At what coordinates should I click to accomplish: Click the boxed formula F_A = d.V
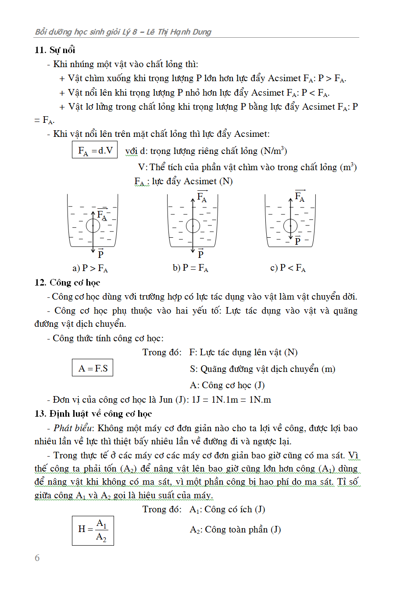coord(95,150)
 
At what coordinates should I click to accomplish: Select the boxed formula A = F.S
coord(93,368)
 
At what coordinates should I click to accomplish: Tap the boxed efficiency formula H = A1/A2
coord(93,530)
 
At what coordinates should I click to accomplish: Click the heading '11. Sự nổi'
coord(55,50)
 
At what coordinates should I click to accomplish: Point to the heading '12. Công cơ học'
coord(67,282)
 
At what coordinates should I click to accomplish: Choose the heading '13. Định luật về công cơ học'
coord(93,414)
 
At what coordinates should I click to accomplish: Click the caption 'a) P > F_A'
coord(90,268)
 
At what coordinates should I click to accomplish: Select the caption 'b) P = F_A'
coord(190,268)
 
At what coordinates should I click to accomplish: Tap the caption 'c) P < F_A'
coord(288,268)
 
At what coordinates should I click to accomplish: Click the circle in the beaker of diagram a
coord(93,226)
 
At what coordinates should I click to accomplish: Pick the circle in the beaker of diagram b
coord(193,226)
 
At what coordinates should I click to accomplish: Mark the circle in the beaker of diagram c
coord(290,226)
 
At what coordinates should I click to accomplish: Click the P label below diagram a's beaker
coord(101,254)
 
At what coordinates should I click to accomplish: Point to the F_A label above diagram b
coord(202,196)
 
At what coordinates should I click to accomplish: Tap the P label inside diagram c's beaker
coord(298,240)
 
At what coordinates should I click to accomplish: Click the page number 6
coord(37,558)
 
